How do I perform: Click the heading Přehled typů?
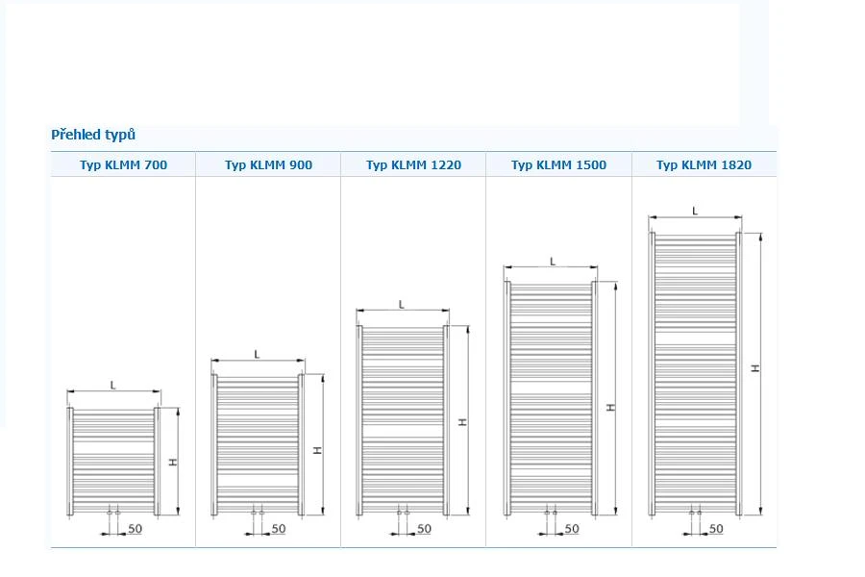[x=93, y=135]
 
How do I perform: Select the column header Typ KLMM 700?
[x=123, y=165]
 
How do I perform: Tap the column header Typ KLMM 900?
[x=269, y=165]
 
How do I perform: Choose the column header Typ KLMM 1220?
[x=413, y=165]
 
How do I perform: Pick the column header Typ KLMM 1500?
[x=558, y=165]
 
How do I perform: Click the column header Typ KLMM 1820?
[x=704, y=165]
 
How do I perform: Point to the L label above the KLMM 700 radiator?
[x=113, y=385]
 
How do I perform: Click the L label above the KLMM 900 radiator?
[x=257, y=354]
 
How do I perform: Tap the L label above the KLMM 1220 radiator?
[x=402, y=304]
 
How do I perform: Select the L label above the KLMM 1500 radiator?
[x=553, y=262]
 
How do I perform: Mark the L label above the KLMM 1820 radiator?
[x=695, y=211]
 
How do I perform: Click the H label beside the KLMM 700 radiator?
[x=173, y=462]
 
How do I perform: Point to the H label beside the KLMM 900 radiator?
[x=318, y=451]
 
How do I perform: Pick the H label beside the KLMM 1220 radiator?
[x=463, y=422]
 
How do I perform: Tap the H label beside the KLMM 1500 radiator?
[x=610, y=407]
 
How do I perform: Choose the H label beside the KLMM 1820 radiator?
[x=755, y=368]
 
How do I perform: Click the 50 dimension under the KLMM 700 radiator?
[x=136, y=528]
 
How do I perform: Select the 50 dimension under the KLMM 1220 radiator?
[x=424, y=528]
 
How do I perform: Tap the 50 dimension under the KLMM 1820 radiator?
[x=716, y=528]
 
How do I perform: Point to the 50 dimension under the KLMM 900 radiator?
[x=279, y=528]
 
